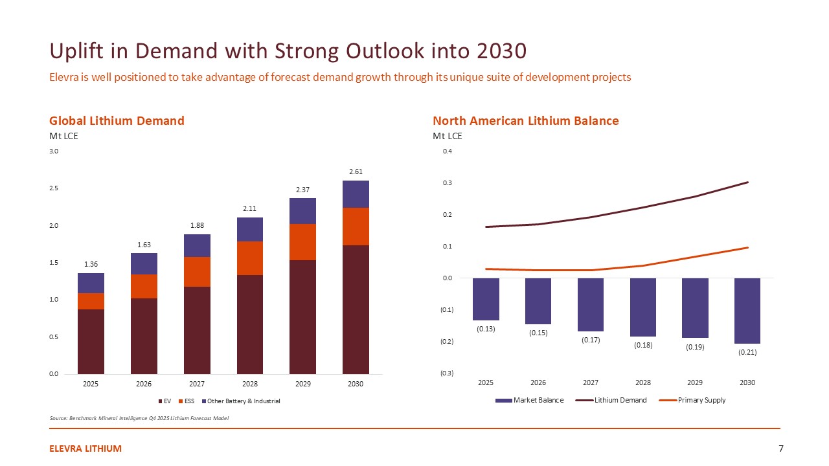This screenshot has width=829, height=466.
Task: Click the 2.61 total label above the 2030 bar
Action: click(x=356, y=172)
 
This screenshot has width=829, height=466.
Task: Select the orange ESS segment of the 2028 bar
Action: click(x=250, y=258)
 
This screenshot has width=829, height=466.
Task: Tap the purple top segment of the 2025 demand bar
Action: click(x=91, y=283)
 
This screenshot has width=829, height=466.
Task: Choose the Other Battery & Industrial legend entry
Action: click(x=240, y=401)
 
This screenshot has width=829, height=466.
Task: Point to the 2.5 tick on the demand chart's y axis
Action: click(x=54, y=188)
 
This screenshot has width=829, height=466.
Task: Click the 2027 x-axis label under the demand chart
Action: click(x=197, y=384)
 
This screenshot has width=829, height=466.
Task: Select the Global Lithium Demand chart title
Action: click(x=117, y=121)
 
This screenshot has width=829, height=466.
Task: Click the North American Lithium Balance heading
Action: click(x=525, y=121)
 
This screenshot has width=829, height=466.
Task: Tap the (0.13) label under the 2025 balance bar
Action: click(x=486, y=329)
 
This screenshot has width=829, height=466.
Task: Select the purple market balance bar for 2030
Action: click(x=747, y=311)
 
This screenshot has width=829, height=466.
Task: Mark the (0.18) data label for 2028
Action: click(x=643, y=345)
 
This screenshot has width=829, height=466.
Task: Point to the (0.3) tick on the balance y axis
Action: click(x=447, y=373)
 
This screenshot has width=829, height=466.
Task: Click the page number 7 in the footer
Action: click(x=781, y=449)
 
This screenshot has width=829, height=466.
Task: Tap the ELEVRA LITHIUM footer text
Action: click(x=85, y=449)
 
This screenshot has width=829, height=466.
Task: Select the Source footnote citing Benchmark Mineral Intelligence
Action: click(x=139, y=418)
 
